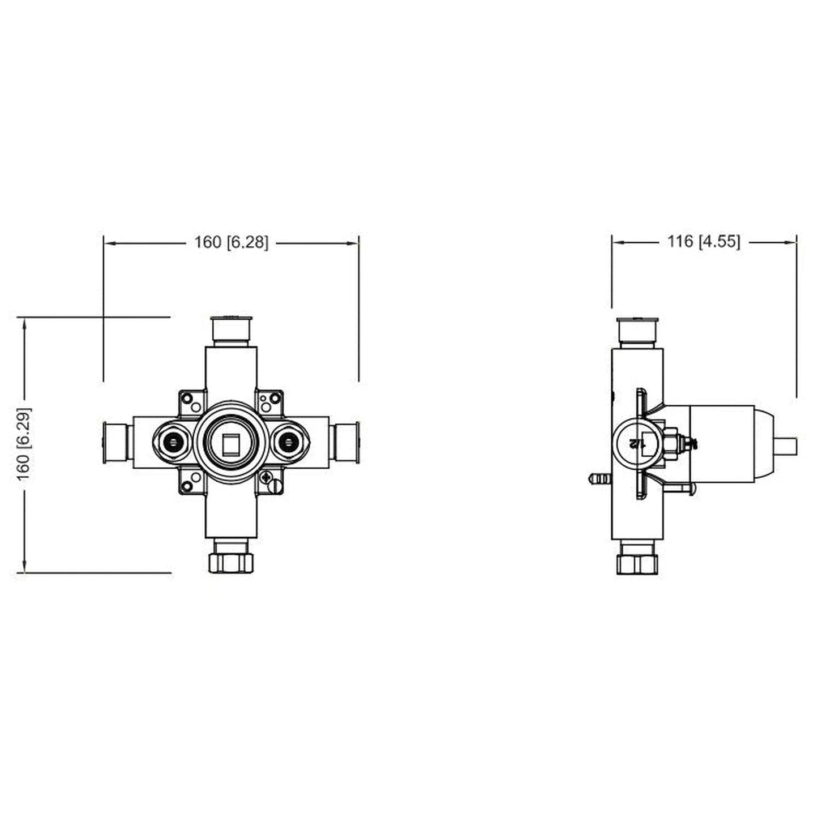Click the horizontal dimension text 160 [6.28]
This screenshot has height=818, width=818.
tap(231, 242)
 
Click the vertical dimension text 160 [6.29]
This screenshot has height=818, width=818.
tap(24, 444)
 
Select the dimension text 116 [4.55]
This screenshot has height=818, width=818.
tap(703, 242)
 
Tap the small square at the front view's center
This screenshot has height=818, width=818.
tap(231, 443)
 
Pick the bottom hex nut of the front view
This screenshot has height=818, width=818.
tap(231, 562)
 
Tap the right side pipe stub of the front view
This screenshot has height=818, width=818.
tap(346, 443)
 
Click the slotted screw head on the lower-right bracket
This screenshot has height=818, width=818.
tap(276, 486)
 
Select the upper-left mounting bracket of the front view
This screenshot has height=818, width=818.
tap(192, 401)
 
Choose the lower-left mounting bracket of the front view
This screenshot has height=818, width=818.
tap(192, 482)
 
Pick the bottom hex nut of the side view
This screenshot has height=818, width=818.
tap(637, 564)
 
